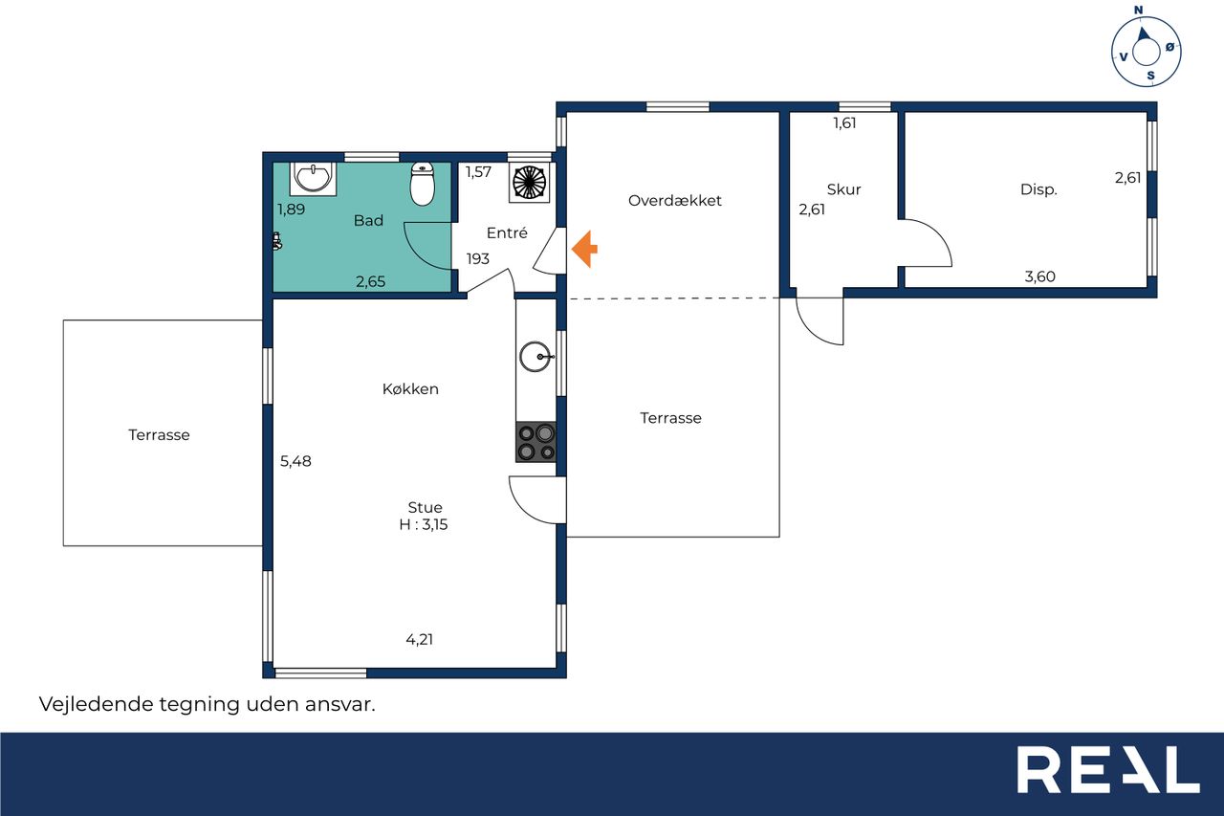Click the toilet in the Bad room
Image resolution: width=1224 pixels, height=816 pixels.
[x=423, y=184]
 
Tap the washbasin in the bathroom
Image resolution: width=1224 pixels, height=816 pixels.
[x=313, y=178]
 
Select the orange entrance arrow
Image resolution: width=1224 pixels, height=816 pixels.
[x=584, y=250]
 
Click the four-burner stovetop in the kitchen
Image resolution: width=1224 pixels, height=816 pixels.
[x=536, y=442]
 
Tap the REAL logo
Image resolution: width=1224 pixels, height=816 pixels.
[x=1108, y=769]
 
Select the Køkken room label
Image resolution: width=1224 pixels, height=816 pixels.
[x=410, y=389]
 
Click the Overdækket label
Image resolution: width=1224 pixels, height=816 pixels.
[x=675, y=201]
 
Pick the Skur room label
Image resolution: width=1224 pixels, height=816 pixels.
[x=843, y=189]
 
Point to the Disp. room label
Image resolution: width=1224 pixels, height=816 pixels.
[x=1038, y=190]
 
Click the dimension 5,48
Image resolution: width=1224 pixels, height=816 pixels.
[x=295, y=461]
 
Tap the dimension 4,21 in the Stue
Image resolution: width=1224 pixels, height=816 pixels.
[x=420, y=639]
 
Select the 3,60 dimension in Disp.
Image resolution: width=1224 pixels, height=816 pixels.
[x=1039, y=276]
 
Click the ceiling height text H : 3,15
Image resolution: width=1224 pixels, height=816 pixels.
[x=424, y=524]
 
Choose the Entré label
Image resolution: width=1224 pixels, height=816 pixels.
[x=507, y=233]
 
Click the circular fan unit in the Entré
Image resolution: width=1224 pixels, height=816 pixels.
[x=529, y=182]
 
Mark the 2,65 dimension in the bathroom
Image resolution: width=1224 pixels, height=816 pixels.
[x=370, y=281]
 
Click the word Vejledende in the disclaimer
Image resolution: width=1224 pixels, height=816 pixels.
[x=96, y=704]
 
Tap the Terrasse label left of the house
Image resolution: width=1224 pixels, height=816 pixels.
[x=159, y=435]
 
